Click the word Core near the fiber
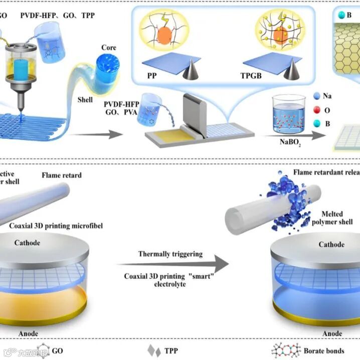coord(109,48)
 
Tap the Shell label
coord(85,100)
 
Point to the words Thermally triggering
coord(170,254)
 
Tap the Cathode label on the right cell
coord(331,245)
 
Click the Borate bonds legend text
coord(324,350)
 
